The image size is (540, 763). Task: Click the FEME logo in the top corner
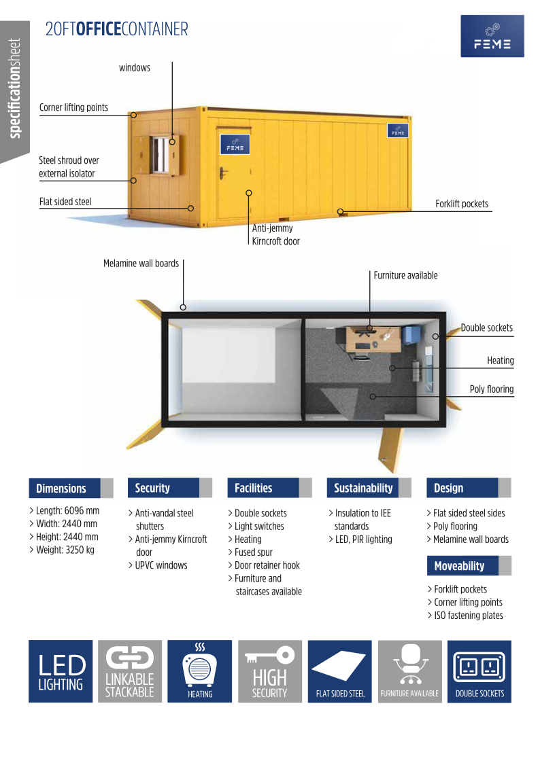pos(492,36)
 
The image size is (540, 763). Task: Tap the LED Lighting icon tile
pos(61,671)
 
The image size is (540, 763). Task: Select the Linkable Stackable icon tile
pos(130,671)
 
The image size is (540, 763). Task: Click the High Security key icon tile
pos(270,671)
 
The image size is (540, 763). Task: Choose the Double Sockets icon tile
pos(479,671)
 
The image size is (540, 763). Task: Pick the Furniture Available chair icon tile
pos(410,671)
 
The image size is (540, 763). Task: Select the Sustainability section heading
pos(362,488)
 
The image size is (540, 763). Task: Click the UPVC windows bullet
pos(158,565)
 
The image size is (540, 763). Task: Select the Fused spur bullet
pos(250,552)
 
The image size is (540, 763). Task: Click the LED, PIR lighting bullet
pos(360,539)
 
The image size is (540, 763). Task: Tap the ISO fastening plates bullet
pos(465,616)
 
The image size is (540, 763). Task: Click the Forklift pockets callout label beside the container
pos(462,204)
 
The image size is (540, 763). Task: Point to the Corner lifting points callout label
pos(73,107)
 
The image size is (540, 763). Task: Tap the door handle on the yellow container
pos(223,173)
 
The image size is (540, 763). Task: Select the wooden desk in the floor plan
pos(373,339)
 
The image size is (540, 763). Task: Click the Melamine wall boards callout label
pos(141,263)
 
